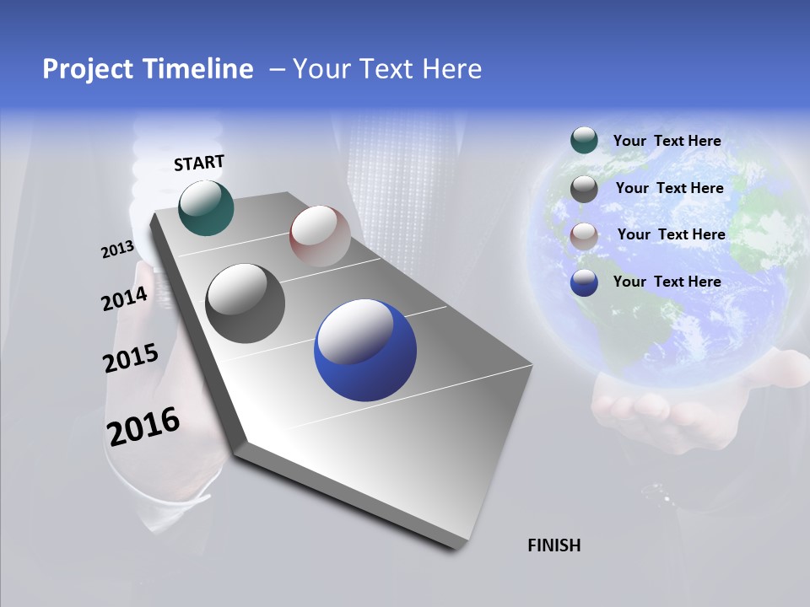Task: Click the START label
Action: click(199, 163)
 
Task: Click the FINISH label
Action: click(553, 545)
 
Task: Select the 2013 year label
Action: click(117, 250)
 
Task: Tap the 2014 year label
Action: click(124, 299)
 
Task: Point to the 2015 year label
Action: click(130, 358)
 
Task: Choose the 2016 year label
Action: click(143, 426)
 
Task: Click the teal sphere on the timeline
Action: click(206, 207)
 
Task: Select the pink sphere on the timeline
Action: click(320, 236)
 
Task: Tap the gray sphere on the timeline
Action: click(245, 303)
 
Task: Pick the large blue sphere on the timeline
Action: click(364, 350)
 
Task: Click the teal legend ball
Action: click(584, 141)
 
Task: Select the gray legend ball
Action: click(584, 189)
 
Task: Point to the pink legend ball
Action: click(584, 235)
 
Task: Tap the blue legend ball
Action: click(584, 282)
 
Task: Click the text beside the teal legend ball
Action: click(667, 142)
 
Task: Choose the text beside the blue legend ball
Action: click(667, 282)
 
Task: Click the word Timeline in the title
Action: click(200, 69)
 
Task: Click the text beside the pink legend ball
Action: click(671, 234)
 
